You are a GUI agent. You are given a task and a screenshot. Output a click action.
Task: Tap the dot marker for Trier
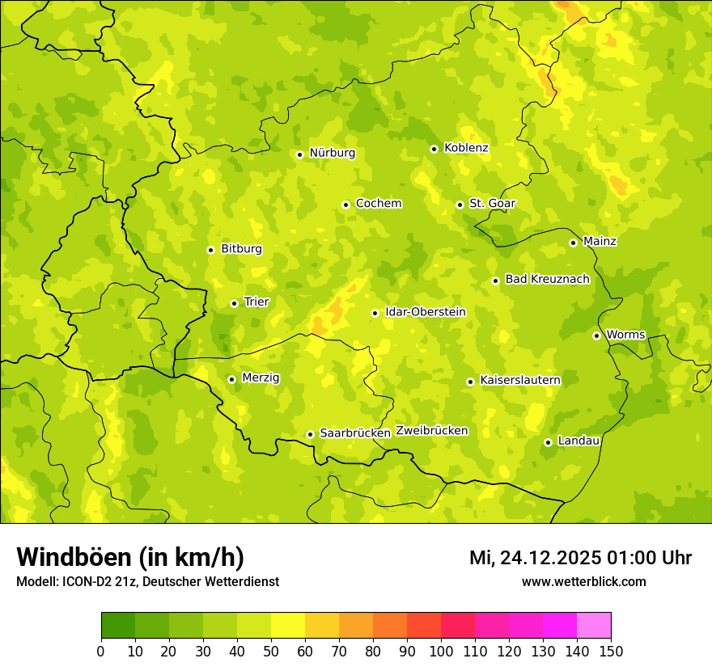tap(234, 303)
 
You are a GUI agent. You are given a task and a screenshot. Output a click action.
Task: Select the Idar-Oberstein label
tap(426, 312)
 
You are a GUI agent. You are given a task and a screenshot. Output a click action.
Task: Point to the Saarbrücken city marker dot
tap(310, 434)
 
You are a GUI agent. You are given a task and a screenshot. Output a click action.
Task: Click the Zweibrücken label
tap(431, 431)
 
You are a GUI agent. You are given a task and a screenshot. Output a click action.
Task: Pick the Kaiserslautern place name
tap(520, 380)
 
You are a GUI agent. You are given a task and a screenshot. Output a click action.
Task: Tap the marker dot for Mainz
tap(573, 243)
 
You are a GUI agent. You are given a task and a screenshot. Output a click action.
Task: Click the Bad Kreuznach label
tap(547, 279)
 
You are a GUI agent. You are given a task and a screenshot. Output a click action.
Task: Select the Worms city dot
tap(596, 335)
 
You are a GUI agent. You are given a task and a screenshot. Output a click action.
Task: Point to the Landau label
tap(578, 441)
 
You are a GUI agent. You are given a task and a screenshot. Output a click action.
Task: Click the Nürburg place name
tap(332, 153)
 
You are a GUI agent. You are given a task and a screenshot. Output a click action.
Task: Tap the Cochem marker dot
tap(345, 205)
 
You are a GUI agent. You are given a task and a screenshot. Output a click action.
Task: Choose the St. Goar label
tap(492, 204)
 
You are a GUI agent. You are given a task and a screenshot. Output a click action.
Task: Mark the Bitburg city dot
tap(210, 250)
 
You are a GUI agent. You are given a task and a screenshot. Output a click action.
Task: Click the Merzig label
tap(261, 378)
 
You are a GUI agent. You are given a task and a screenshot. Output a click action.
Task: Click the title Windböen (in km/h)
tap(130, 557)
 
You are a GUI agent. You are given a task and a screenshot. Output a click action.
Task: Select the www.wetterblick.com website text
tap(583, 581)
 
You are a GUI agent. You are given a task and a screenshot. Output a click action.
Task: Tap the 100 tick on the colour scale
tap(441, 651)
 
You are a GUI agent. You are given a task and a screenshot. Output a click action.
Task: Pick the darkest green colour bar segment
tap(117, 626)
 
